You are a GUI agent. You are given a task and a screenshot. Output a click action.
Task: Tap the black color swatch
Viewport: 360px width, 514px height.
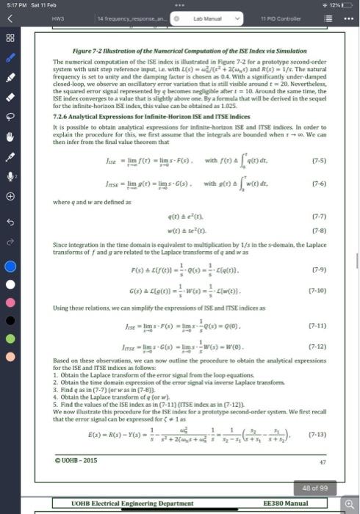[10, 308]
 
